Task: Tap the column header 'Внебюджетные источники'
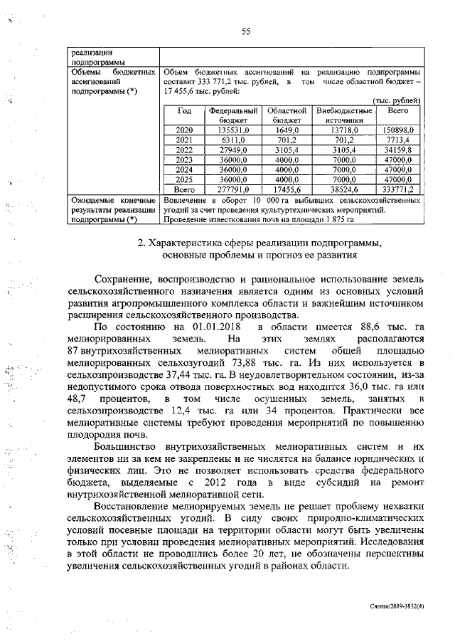[344, 116]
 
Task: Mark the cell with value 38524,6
[344, 190]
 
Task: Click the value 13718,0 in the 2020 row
[344, 131]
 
